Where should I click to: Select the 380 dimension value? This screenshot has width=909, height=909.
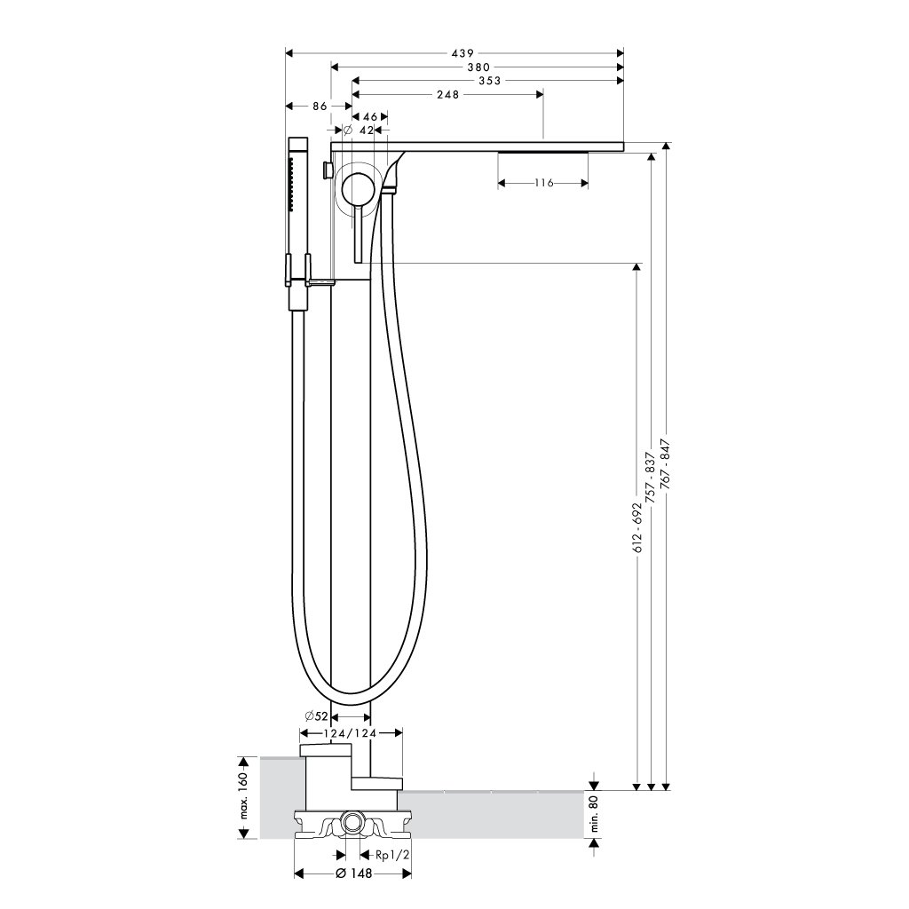point(478,67)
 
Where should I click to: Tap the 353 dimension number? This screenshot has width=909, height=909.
point(489,81)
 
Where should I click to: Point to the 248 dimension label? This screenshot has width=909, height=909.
point(447,94)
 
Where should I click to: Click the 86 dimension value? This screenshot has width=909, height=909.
point(320,107)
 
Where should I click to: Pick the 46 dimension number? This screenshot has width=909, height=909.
point(370,117)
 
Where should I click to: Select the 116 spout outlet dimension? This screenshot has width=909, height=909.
point(543,183)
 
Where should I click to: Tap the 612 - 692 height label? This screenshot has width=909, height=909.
point(638,527)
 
